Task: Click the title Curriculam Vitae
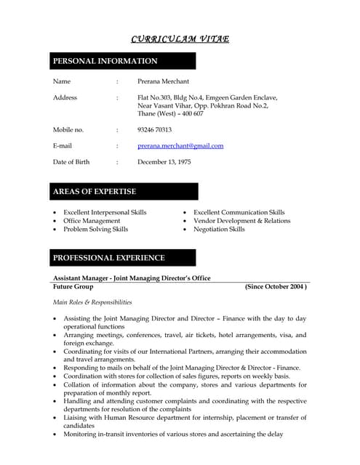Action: pos(180,39)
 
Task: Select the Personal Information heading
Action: pos(105,61)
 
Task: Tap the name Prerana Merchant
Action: pos(163,81)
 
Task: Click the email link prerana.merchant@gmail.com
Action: pos(180,146)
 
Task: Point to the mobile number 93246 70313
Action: pos(154,130)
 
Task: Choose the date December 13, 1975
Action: pos(164,162)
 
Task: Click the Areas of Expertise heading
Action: pos(95,192)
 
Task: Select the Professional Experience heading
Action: pos(108,258)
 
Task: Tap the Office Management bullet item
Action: pos(92,221)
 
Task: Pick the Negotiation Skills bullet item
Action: pos(219,230)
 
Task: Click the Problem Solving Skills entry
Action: pos(95,230)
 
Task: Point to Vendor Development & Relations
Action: pos(241,221)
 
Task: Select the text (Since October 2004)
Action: pos(276,287)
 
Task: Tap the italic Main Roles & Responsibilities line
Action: pos(92,302)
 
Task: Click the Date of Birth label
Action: pos(71,162)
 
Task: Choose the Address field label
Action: pos(65,97)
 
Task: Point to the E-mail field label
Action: pos(63,146)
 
